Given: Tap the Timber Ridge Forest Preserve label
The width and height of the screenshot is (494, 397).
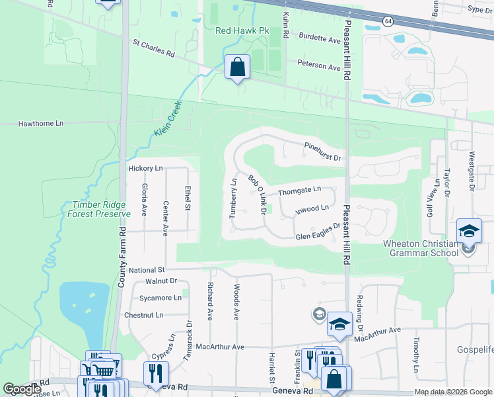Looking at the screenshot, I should tap(98, 209).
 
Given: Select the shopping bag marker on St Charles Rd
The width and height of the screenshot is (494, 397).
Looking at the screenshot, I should tap(237, 67).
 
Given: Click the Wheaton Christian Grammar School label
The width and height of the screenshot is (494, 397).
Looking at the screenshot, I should tap(421, 248).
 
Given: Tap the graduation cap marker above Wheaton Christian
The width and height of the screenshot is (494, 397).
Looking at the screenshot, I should tap(469, 232).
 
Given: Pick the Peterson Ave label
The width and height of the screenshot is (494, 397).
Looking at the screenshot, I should tap(318, 66).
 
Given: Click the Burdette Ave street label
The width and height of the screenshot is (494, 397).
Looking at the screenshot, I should tap(320, 39).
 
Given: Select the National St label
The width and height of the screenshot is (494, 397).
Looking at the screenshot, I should tap(147, 270).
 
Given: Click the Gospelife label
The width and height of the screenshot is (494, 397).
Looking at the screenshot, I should tap(475, 349).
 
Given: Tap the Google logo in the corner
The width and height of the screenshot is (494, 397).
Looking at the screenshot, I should tap(22, 388).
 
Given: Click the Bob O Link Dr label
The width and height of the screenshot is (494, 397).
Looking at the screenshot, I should tap(256, 195).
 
